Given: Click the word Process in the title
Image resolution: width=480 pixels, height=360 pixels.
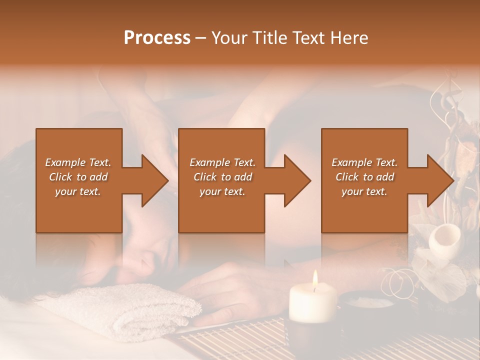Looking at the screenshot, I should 157,37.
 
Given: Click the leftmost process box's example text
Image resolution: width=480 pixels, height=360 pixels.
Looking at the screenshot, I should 78,177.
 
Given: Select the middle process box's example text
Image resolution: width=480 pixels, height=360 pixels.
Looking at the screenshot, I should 222,177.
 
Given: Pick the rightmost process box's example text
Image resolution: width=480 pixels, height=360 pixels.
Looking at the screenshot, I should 364,177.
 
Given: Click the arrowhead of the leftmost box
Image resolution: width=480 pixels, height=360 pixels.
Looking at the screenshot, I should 155,180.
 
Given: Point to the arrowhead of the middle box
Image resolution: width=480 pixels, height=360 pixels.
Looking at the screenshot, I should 297,180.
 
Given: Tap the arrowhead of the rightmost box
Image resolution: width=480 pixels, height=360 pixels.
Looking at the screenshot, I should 441,180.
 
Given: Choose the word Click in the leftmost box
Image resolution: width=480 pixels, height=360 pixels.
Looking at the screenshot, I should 61,177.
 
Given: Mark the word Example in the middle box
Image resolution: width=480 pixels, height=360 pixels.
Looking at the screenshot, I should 209,162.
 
